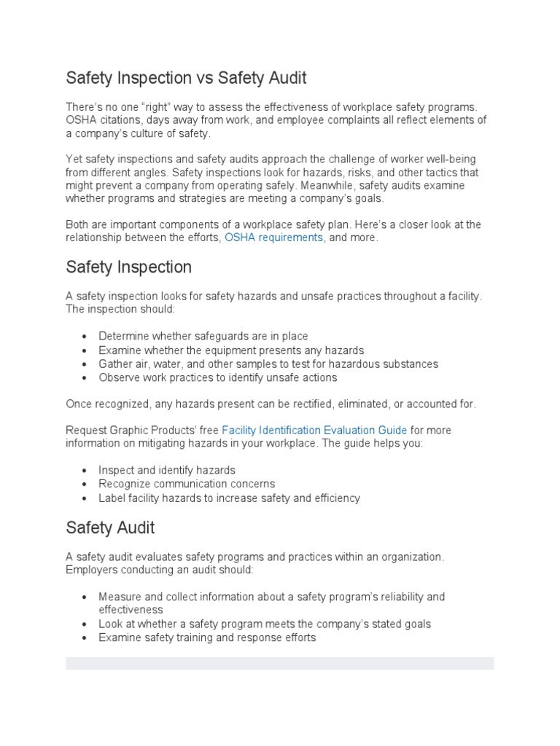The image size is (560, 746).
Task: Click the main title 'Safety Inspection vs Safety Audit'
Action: click(x=186, y=77)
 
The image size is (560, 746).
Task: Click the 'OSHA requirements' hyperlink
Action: click(x=273, y=238)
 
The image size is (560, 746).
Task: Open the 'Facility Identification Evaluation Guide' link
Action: click(x=314, y=431)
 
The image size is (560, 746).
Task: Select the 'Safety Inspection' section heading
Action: click(x=128, y=267)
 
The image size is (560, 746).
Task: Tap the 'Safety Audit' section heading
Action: click(x=110, y=527)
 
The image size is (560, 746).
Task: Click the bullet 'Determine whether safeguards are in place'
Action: click(x=203, y=337)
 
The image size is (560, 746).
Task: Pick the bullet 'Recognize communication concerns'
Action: click(x=187, y=484)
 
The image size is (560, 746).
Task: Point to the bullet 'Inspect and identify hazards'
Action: click(x=167, y=471)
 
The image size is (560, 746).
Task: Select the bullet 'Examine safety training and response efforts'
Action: click(x=207, y=637)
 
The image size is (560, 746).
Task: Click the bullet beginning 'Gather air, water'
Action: click(x=268, y=364)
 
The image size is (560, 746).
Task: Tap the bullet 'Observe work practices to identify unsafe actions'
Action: click(x=218, y=377)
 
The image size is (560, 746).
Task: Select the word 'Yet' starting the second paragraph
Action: click(x=74, y=159)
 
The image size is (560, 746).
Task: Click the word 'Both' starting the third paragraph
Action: click(x=77, y=224)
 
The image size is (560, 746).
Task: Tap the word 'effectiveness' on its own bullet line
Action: click(x=131, y=610)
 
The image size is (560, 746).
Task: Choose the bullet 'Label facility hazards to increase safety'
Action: click(x=229, y=498)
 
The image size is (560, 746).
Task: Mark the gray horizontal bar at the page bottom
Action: click(x=280, y=663)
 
